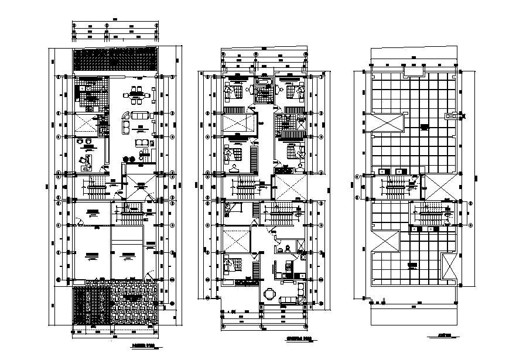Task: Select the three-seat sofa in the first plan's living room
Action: (x=139, y=116)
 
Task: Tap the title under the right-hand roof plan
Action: (x=443, y=335)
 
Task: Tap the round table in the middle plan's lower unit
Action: (x=269, y=293)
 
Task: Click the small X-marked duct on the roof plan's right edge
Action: (x=452, y=116)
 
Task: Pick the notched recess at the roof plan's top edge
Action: (x=415, y=70)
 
